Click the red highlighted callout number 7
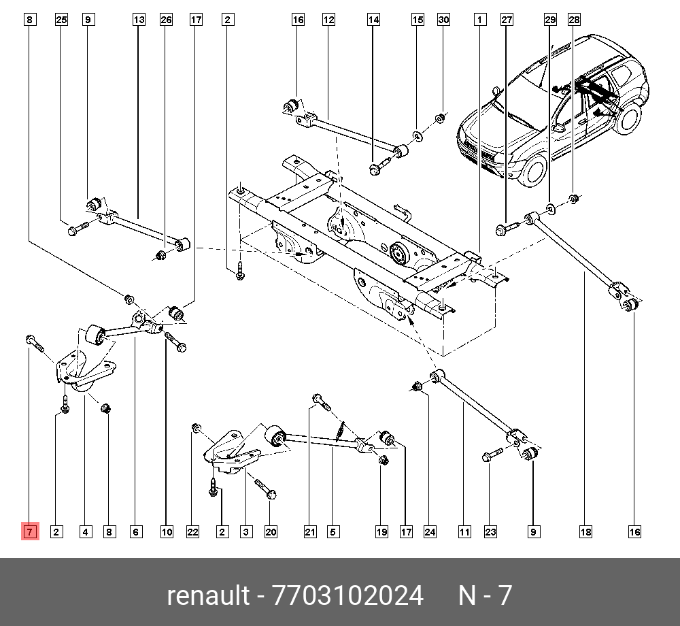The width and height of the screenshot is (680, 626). (30, 531)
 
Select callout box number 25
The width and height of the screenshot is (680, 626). (61, 20)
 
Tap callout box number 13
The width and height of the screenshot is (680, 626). (139, 20)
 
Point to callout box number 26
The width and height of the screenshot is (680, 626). (167, 20)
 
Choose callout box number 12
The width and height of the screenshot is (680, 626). (329, 20)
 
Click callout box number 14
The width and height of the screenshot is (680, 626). (374, 20)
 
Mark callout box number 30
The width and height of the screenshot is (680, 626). (443, 20)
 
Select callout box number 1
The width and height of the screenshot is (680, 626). (480, 20)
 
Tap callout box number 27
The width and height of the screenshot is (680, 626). (507, 20)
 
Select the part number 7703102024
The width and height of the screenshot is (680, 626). (347, 596)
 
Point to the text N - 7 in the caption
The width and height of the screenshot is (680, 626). (485, 596)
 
